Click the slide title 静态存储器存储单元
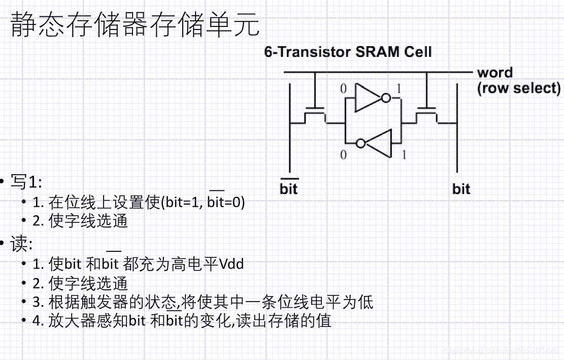pos(135,25)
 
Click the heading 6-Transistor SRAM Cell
pos(348,52)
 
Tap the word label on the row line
pos(494,73)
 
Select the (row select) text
pos(518,88)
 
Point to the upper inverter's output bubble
pos(386,97)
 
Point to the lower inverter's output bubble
pos(360,143)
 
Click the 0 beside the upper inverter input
pos(343,90)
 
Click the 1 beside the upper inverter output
pos(398,90)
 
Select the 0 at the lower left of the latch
pos(343,155)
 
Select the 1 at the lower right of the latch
pos(404,155)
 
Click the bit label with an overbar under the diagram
pos(288,189)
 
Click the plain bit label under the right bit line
pos(461,189)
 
